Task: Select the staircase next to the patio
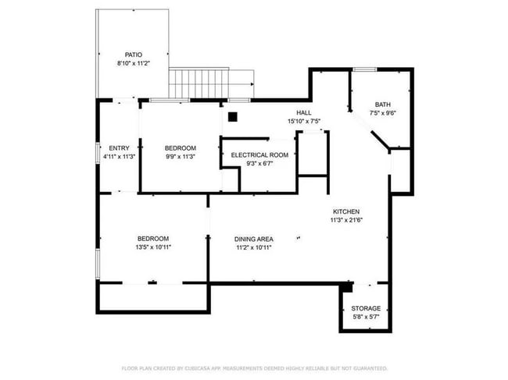tap(211, 81)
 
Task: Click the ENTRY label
tap(119, 148)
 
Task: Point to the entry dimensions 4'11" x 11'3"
tap(119, 156)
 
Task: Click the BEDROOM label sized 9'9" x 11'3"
tap(180, 148)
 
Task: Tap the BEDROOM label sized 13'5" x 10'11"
tap(153, 239)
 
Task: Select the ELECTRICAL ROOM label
tap(259, 155)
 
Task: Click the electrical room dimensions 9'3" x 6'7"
tap(259, 164)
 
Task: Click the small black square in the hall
tap(232, 117)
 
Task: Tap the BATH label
tap(382, 105)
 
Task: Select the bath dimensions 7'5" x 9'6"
tap(382, 112)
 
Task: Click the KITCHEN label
tap(346, 211)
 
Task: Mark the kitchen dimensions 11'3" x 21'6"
tap(346, 220)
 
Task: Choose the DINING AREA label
tap(254, 239)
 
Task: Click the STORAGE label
tap(366, 309)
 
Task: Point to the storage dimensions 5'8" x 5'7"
tap(366, 318)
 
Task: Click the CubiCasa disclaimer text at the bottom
tap(254, 368)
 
